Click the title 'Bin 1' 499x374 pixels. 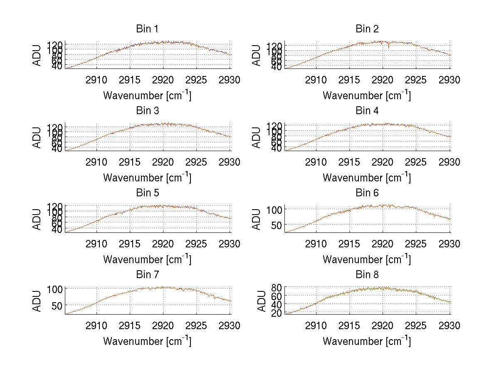(147, 29)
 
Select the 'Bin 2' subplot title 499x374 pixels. (367, 29)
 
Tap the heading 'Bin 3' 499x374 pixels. (147, 111)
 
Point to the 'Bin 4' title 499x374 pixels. (367, 111)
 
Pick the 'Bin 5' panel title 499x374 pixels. (147, 193)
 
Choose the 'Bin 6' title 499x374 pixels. (367, 193)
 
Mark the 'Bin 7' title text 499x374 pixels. (147, 275)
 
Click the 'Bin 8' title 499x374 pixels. (367, 275)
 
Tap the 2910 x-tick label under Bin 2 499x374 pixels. (316, 80)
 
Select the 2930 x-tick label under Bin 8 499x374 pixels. (450, 326)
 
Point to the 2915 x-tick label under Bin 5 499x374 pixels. (130, 244)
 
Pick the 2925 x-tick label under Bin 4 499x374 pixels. (416, 162)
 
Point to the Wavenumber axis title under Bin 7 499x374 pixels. (147, 341)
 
